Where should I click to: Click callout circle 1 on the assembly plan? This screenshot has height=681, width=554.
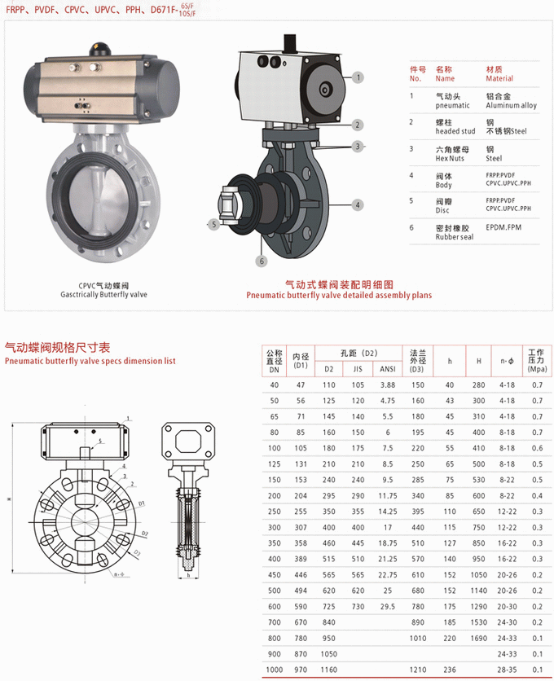coord(357,76)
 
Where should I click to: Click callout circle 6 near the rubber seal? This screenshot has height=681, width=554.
coord(262,261)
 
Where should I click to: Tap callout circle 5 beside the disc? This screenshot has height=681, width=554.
coord(214,224)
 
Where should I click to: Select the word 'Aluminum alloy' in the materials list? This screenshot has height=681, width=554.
coord(511,106)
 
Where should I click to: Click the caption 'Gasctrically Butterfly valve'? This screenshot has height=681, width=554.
coord(103,295)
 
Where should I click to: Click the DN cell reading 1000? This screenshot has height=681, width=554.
coord(274,670)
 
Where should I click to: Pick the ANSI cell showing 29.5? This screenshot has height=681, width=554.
coord(387,606)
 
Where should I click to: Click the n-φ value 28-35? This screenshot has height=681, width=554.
coord(507,670)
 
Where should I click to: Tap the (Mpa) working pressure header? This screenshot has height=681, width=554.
coord(537,367)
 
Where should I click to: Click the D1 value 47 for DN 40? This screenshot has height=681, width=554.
coord(301,384)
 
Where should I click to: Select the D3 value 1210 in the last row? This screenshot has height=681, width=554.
coord(418,670)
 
